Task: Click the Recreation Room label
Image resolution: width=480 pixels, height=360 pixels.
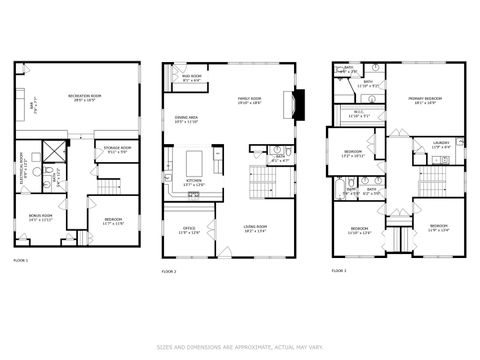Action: (x=89, y=98)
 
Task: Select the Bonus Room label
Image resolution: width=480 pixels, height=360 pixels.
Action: (x=42, y=217)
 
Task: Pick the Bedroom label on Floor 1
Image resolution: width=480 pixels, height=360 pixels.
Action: (x=114, y=221)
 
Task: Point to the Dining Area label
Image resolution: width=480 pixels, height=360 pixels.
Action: (x=187, y=119)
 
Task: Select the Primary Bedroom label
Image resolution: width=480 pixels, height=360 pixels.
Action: (x=425, y=100)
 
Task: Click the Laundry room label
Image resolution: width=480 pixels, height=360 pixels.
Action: (x=441, y=146)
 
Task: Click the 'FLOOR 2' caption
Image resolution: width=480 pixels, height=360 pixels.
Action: (x=169, y=271)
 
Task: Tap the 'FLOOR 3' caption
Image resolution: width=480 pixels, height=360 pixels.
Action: (x=339, y=270)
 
